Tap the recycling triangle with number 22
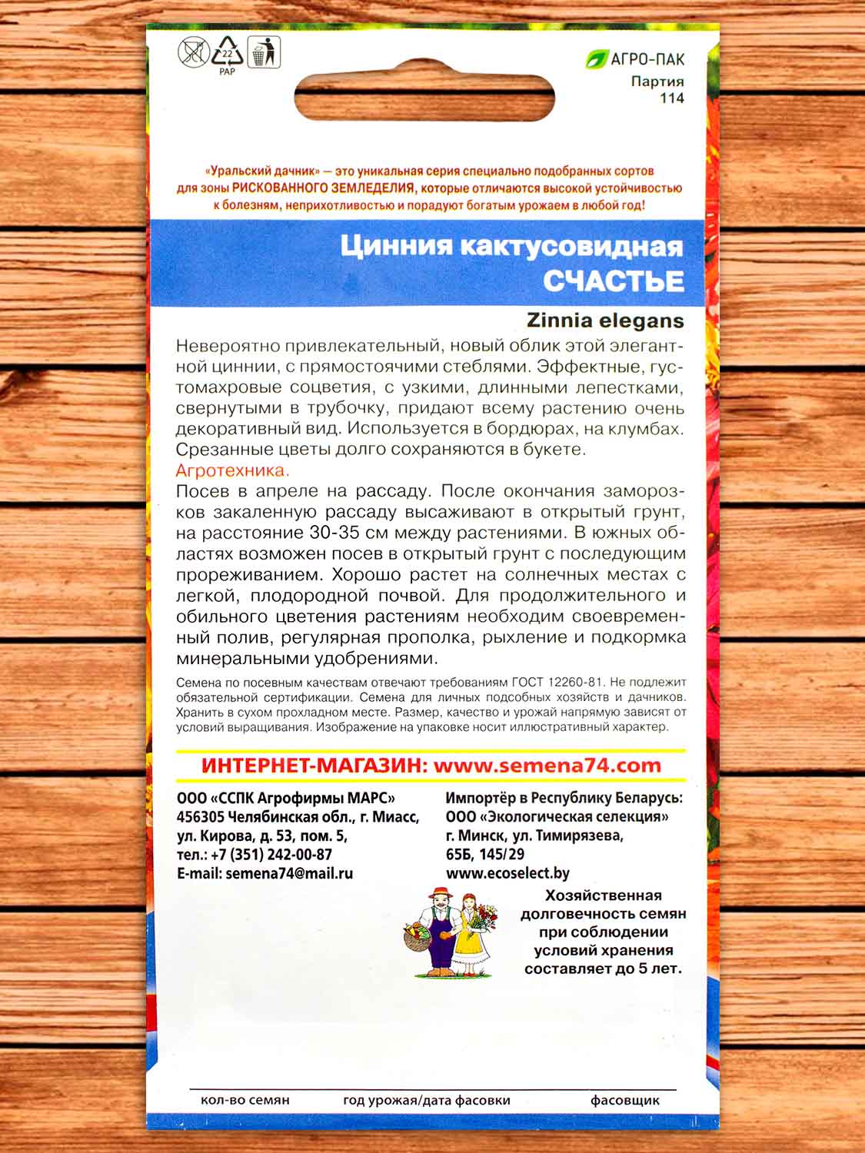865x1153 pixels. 228,52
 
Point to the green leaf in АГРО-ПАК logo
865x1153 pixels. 595,58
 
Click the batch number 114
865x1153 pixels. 671,98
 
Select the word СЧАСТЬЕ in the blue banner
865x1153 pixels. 613,281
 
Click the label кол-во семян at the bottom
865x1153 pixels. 245,1100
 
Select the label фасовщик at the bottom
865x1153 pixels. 625,1100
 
